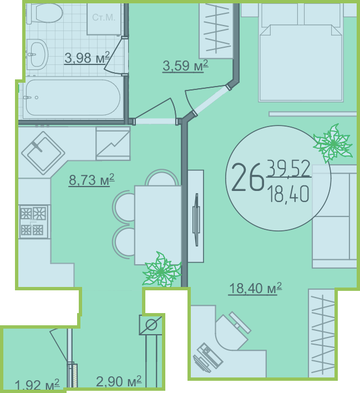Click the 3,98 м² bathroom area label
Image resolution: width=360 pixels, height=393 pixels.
pyautogui.click(x=87, y=58)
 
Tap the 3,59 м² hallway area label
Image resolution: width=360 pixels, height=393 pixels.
pyautogui.click(x=185, y=66)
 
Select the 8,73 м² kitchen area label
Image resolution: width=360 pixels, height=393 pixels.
pyautogui.click(x=92, y=180)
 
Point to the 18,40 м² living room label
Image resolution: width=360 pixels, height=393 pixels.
pyautogui.click(x=255, y=288)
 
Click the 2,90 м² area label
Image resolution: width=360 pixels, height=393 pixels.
pyautogui.click(x=119, y=381)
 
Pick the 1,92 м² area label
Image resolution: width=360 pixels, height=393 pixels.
pyautogui.click(x=37, y=385)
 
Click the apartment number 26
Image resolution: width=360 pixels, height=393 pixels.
pyautogui.click(x=247, y=177)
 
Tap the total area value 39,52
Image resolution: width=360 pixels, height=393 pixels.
pyautogui.click(x=289, y=169)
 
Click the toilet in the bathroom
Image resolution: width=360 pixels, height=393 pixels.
pyautogui.click(x=44, y=13)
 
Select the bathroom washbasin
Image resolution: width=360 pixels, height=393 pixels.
pyautogui.click(x=37, y=54)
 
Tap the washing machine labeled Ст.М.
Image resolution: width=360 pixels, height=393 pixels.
pyautogui.click(x=104, y=19)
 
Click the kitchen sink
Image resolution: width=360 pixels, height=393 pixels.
pyautogui.click(x=43, y=153)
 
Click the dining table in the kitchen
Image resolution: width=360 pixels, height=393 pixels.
pyautogui.click(x=158, y=225)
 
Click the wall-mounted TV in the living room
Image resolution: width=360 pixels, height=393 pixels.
pyautogui.click(x=196, y=220)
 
